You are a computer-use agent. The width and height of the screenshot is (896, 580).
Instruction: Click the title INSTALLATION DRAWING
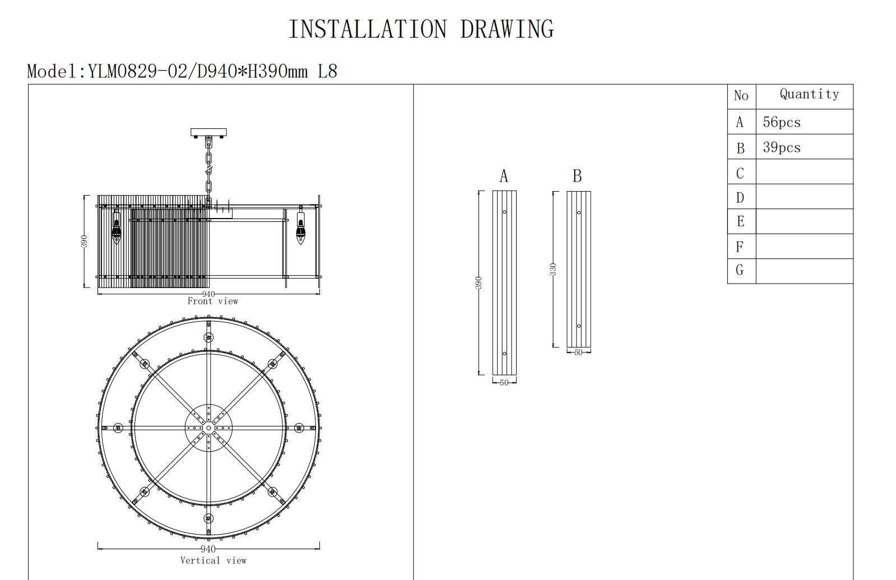[x=421, y=29]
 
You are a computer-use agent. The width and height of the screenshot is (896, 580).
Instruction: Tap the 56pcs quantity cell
[x=781, y=122]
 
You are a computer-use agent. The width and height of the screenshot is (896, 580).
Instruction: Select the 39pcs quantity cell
[x=781, y=147]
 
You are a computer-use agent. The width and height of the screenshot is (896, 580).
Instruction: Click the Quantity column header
[x=809, y=94]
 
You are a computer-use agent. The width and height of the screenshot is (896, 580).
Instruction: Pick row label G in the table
[x=740, y=270]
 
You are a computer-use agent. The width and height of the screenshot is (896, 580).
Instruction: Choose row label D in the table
[x=740, y=198]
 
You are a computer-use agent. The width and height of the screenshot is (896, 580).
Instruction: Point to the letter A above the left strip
[x=504, y=176]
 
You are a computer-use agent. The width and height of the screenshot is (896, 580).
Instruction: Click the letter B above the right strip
[x=577, y=176]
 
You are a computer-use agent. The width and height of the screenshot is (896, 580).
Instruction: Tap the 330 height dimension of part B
[x=553, y=269]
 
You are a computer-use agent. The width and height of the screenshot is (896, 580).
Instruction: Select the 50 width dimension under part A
[x=504, y=383]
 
